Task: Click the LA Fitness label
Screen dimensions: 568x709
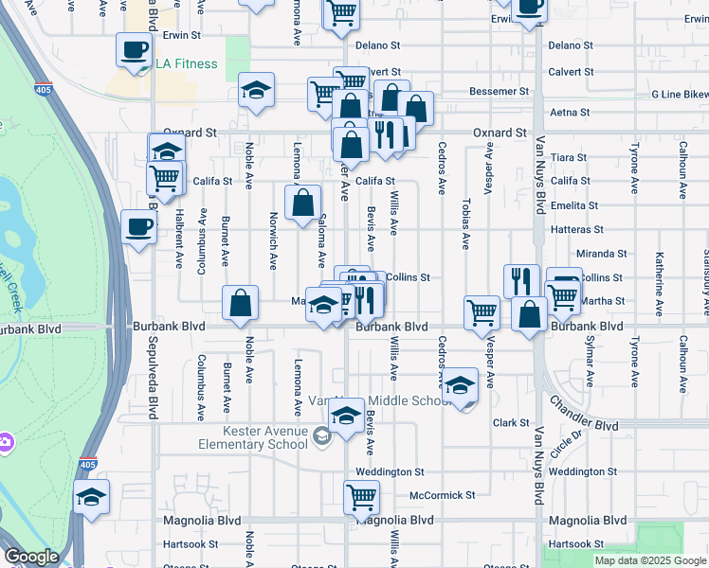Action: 187,64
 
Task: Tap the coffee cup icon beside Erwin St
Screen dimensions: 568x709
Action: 135,50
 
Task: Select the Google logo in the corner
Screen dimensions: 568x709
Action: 31,557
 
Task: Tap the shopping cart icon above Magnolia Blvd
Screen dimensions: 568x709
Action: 361,496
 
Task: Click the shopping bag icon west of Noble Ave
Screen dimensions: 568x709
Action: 241,302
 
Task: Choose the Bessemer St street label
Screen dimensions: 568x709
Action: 500,92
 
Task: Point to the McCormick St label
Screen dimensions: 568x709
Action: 442,495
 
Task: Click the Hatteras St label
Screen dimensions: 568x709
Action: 576,230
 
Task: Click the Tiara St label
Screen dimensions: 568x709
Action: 569,158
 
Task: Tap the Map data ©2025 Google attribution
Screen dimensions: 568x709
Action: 651,560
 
